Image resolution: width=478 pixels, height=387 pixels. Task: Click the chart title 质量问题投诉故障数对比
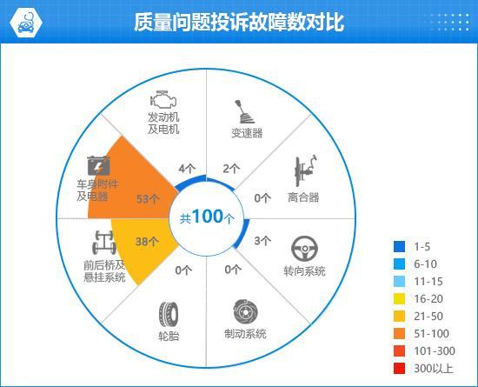click(x=239, y=22)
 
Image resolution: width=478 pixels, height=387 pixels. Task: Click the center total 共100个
click(x=207, y=217)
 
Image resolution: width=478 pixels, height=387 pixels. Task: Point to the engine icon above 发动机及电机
click(x=163, y=95)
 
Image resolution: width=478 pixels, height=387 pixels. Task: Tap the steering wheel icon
click(x=304, y=249)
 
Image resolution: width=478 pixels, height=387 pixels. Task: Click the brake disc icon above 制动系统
click(x=245, y=311)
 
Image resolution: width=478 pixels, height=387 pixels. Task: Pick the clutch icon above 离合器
click(x=305, y=171)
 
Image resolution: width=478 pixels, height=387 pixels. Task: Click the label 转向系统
click(x=304, y=271)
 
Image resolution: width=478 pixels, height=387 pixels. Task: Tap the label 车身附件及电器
click(x=91, y=190)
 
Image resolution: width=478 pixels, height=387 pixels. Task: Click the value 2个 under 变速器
click(x=231, y=168)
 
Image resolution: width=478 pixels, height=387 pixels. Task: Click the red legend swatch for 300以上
click(x=399, y=369)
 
